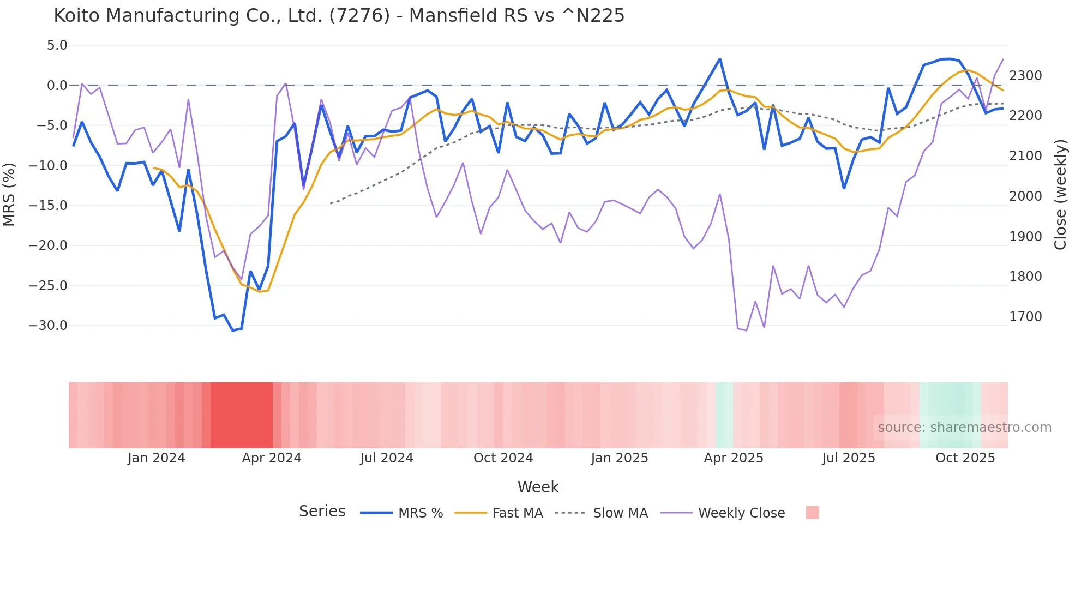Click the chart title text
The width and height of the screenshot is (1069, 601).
point(339,16)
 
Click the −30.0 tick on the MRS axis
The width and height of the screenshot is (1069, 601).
point(48,326)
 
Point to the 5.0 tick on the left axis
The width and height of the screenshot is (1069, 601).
point(57,45)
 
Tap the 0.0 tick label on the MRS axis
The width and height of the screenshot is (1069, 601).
point(57,86)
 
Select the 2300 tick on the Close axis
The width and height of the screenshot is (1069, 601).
point(1025,76)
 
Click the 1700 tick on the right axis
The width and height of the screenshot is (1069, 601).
point(1025,317)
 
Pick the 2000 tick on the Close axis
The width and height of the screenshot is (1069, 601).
point(1025,196)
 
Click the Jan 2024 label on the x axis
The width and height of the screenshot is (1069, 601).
point(157,458)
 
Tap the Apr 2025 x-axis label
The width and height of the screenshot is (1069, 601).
point(734,458)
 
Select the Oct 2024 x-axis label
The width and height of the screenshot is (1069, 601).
point(503,458)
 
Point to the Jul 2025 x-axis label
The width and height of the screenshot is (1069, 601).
point(849,458)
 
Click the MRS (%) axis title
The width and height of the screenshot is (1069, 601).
point(9,194)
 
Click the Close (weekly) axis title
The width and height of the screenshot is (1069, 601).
point(1060,195)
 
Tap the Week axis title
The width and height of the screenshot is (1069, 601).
point(538,487)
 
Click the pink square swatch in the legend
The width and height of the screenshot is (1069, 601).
point(812,513)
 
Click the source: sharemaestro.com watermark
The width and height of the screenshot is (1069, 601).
point(964,428)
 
